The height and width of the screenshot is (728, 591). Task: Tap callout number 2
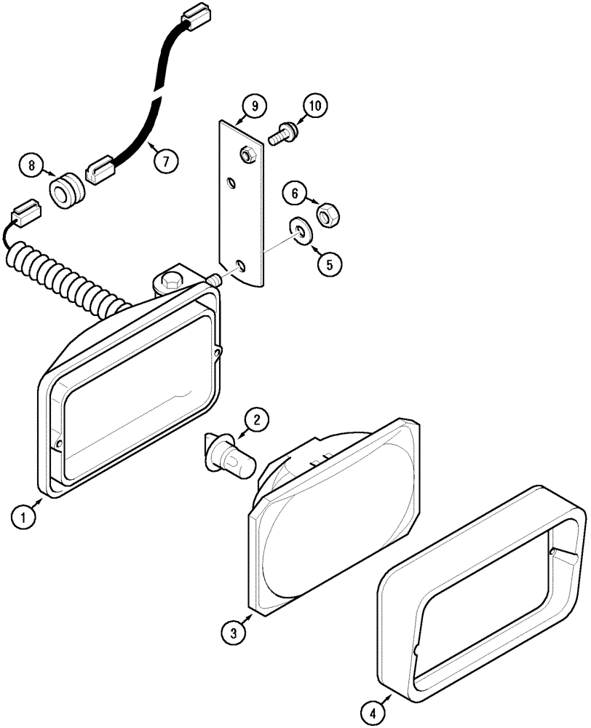click(x=255, y=419)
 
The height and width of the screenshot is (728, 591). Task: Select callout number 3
click(x=234, y=633)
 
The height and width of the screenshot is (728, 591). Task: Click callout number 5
click(x=328, y=264)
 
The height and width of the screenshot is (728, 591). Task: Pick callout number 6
click(x=295, y=193)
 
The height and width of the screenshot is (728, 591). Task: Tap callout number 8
click(x=32, y=165)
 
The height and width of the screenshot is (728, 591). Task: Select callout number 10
click(x=314, y=106)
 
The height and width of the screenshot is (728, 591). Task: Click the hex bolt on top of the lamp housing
click(x=172, y=280)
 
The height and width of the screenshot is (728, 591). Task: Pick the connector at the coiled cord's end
click(x=25, y=215)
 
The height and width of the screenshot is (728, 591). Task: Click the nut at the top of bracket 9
click(x=247, y=154)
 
